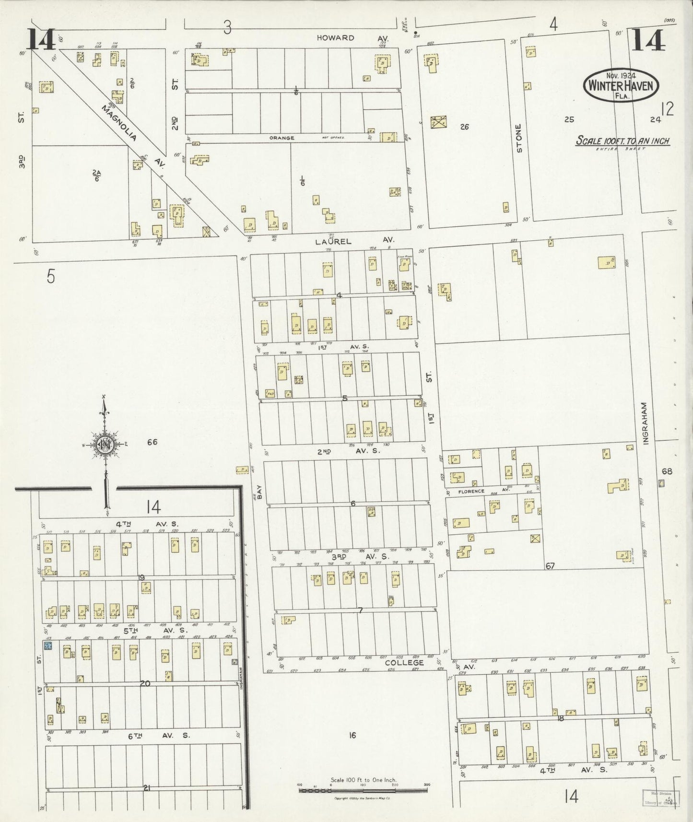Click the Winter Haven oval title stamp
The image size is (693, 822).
point(621,85)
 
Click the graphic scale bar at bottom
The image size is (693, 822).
point(363,789)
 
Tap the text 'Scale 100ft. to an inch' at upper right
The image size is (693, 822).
point(623,141)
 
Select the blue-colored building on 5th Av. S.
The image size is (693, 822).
point(47,646)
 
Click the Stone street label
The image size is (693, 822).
point(518,139)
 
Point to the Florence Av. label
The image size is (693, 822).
point(471,491)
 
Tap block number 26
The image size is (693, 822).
point(464,127)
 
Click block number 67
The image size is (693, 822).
point(550,566)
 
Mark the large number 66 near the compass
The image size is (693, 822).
point(152,442)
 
